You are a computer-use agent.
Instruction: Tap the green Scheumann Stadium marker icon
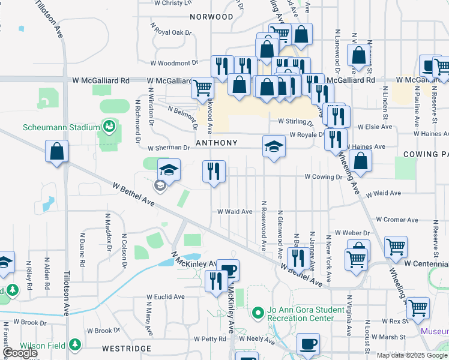[x=109, y=127]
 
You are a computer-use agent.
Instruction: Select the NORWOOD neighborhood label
[x=211, y=17]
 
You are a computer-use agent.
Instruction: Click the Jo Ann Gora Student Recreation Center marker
[x=259, y=312]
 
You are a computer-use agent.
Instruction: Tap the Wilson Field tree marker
[x=75, y=345]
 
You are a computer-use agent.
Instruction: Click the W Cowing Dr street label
[x=323, y=177]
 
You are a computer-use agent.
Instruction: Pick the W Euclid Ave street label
[x=166, y=296]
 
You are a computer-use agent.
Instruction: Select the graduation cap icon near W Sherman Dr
[x=273, y=146]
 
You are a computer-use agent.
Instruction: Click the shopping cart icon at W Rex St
[x=418, y=308]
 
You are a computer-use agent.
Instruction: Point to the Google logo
[x=19, y=353]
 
